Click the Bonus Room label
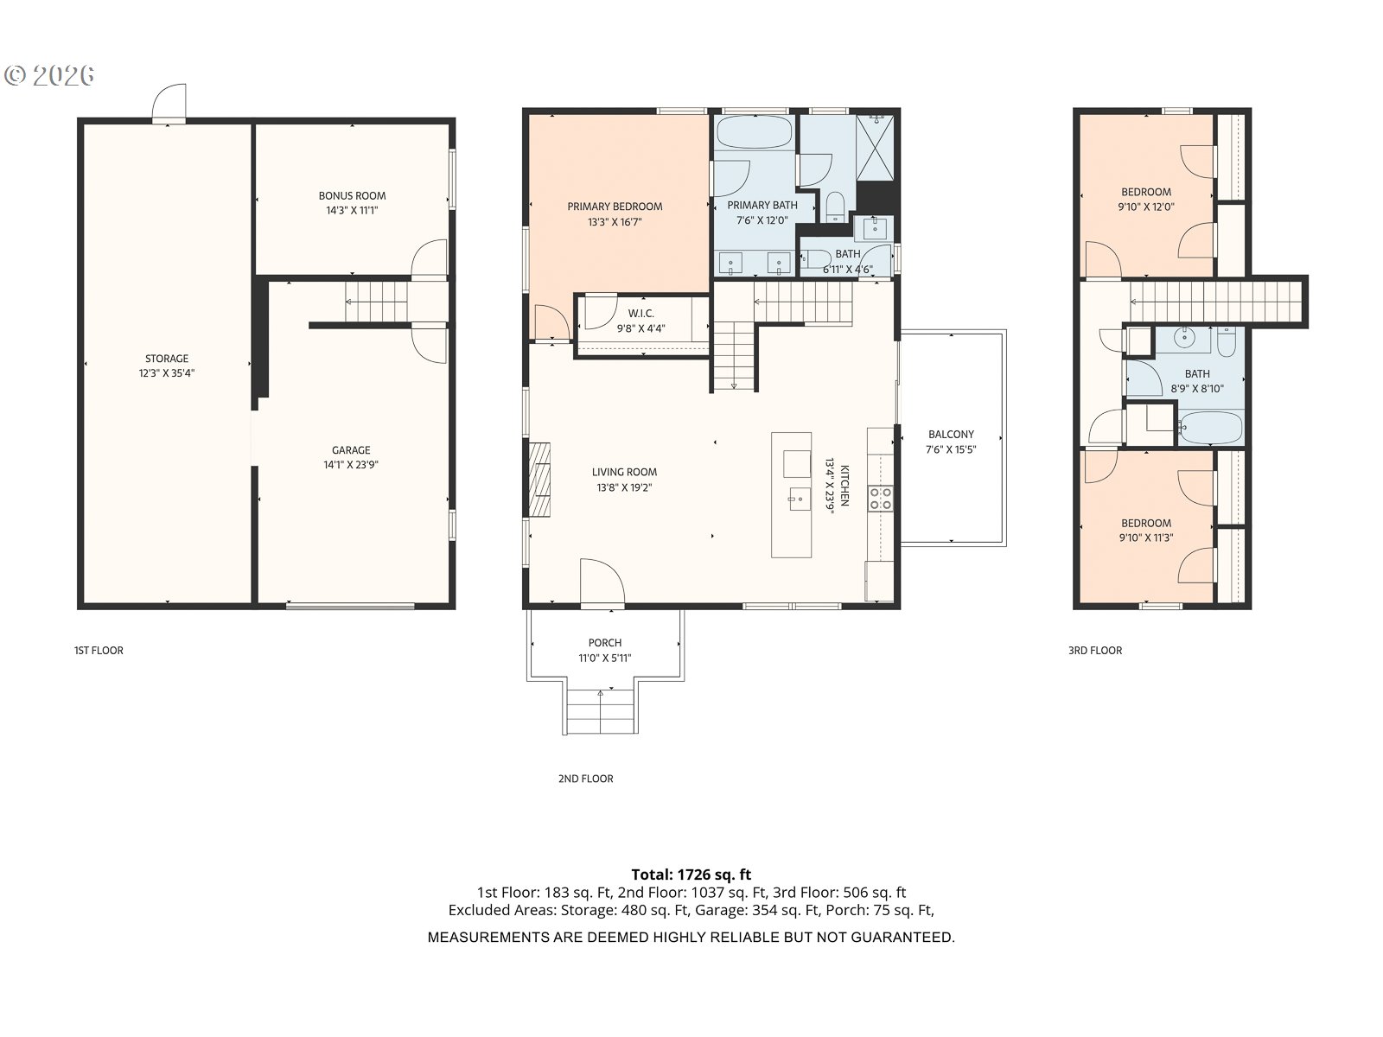[352, 196]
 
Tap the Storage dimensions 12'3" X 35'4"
[167, 373]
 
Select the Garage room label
[351, 450]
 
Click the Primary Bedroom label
[615, 207]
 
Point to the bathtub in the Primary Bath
[755, 131]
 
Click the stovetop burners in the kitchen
[880, 498]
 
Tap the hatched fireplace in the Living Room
[539, 480]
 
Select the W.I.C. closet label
[641, 314]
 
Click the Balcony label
[951, 435]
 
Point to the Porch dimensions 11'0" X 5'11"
[605, 658]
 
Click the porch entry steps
[601, 711]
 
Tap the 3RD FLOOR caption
[1095, 651]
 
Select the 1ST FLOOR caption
[99, 651]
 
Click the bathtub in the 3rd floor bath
[1210, 428]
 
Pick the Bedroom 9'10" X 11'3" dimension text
[1146, 538]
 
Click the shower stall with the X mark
[875, 147]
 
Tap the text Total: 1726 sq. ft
[691, 875]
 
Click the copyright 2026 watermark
[49, 75]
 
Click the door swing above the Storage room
[169, 101]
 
